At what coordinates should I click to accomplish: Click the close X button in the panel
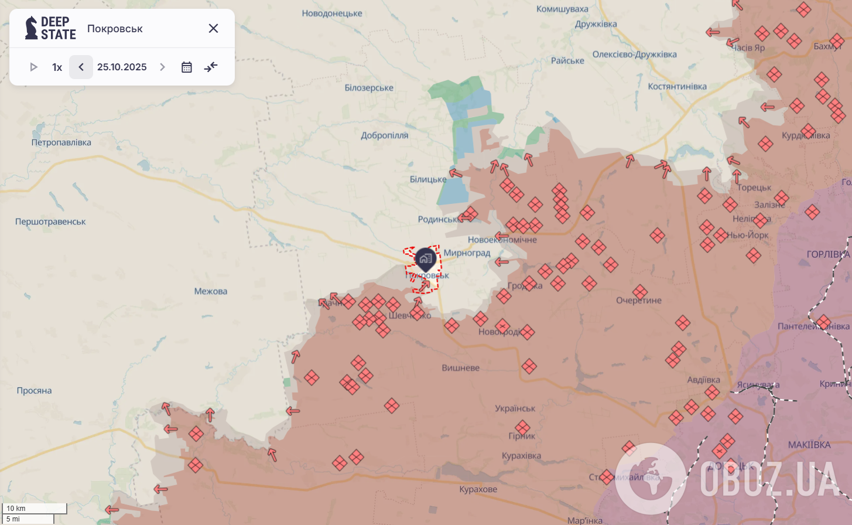click(x=213, y=28)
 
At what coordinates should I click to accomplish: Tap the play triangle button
click(x=33, y=67)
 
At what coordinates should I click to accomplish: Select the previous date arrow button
click(x=81, y=67)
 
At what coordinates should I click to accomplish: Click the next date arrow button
click(x=162, y=67)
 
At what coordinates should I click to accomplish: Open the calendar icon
click(x=187, y=67)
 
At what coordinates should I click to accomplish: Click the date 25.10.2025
click(x=122, y=67)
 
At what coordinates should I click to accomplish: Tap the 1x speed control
click(x=57, y=67)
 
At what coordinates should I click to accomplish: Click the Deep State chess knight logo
click(x=31, y=28)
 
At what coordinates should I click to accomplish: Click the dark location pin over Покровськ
click(x=425, y=258)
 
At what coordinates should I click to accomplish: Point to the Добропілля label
click(x=384, y=135)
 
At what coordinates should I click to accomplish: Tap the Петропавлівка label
click(x=61, y=142)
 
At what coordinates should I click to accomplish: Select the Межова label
click(x=211, y=291)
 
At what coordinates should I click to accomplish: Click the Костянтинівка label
click(x=677, y=87)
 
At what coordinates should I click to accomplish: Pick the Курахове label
click(x=478, y=489)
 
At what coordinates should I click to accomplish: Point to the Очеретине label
click(x=639, y=301)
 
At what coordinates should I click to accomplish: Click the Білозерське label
click(x=369, y=88)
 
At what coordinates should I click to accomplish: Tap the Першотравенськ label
click(x=50, y=221)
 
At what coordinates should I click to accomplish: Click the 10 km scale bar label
click(x=16, y=508)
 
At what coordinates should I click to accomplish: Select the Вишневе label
click(x=460, y=368)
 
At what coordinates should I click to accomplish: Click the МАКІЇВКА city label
click(x=809, y=445)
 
